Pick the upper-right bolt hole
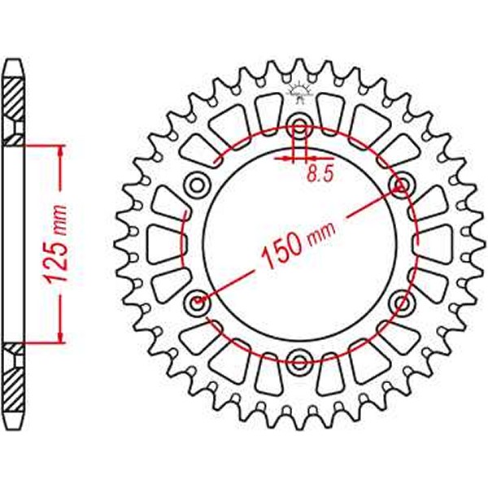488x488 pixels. [400, 185]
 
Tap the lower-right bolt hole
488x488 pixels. [400, 303]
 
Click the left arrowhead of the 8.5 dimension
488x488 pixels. [285, 159]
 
